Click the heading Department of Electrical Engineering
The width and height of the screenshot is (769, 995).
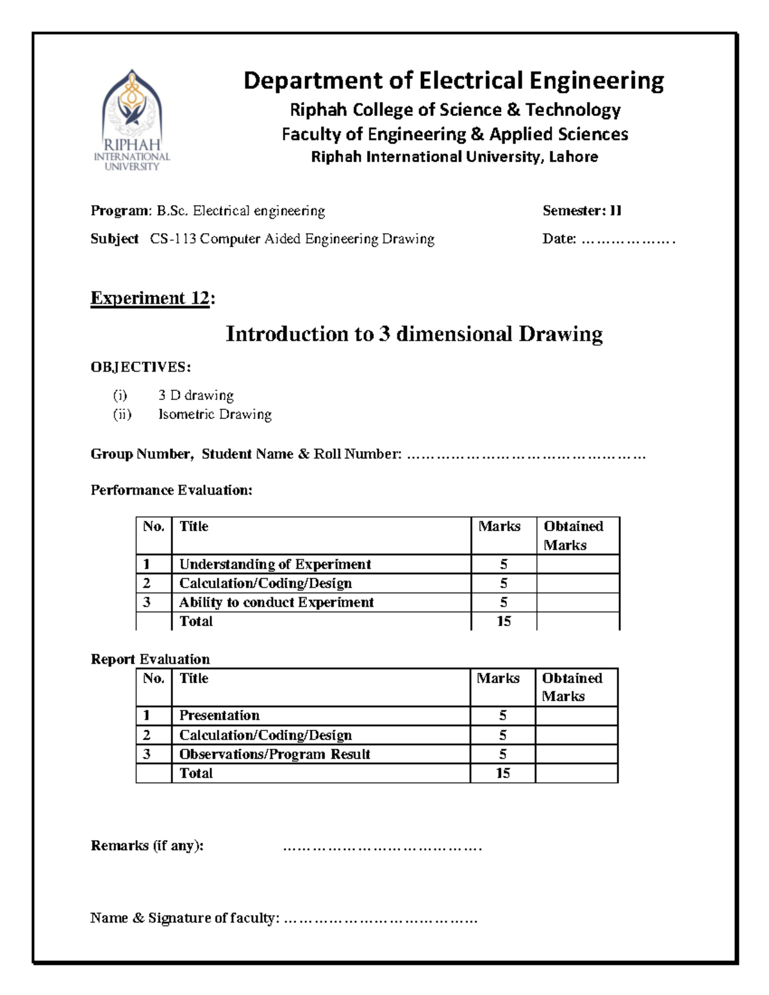click(454, 81)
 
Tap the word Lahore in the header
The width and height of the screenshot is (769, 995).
click(573, 157)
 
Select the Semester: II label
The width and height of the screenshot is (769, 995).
click(582, 211)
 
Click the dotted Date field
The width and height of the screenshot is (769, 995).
click(627, 240)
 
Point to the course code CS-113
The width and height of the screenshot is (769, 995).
click(173, 239)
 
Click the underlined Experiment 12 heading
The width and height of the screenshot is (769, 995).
click(150, 299)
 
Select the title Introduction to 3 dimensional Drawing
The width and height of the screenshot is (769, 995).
click(414, 334)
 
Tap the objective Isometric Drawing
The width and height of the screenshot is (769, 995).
click(215, 415)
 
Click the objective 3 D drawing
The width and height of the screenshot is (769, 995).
click(196, 395)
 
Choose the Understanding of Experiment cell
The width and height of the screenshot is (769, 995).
click(275, 564)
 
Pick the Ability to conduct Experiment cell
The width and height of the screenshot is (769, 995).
click(276, 602)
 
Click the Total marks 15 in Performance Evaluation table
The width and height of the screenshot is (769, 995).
click(504, 621)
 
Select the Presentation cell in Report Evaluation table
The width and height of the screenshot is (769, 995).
click(219, 716)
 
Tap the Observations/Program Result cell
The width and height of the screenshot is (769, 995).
click(274, 754)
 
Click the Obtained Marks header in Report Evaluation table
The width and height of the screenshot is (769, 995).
click(572, 687)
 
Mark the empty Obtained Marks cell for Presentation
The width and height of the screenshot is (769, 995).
click(576, 716)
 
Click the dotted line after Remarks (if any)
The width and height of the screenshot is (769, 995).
click(382, 848)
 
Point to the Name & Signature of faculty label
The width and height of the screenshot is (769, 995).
click(185, 918)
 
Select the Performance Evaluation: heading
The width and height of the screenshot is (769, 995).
click(172, 490)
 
